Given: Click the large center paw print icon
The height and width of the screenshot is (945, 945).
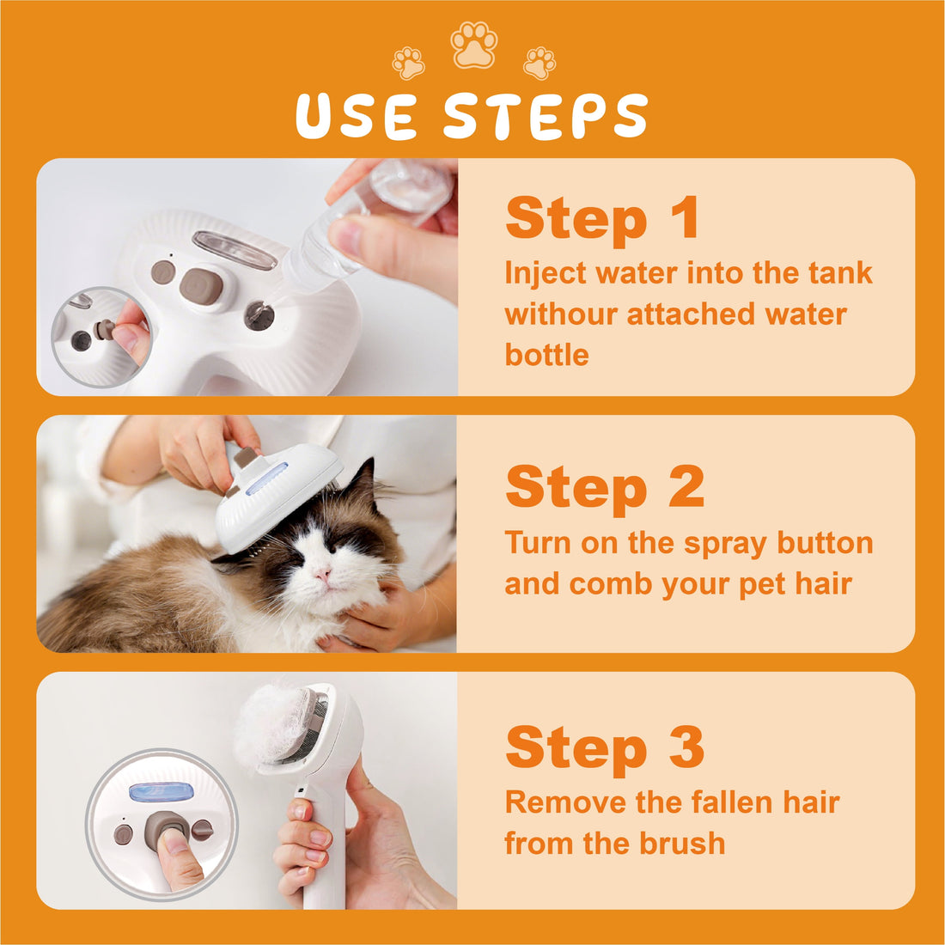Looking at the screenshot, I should [x=474, y=46].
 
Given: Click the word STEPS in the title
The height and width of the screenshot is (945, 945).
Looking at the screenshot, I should [x=546, y=117].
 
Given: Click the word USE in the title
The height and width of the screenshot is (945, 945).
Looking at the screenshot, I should [x=357, y=117].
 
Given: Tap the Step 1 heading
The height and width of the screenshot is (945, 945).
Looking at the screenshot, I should [x=602, y=218].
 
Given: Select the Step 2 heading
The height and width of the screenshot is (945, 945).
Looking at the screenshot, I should [x=605, y=487].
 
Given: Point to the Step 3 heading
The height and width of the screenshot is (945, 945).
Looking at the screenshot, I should [x=605, y=747].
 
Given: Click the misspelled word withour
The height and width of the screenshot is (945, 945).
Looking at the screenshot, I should [x=561, y=314].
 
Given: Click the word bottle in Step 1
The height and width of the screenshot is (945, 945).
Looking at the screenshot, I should [x=546, y=355].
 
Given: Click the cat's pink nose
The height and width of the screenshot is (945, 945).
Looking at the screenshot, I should [x=322, y=574].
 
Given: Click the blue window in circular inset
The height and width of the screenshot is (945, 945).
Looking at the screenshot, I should [x=160, y=792].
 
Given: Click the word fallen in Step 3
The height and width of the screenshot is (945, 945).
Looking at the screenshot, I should [x=704, y=802].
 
